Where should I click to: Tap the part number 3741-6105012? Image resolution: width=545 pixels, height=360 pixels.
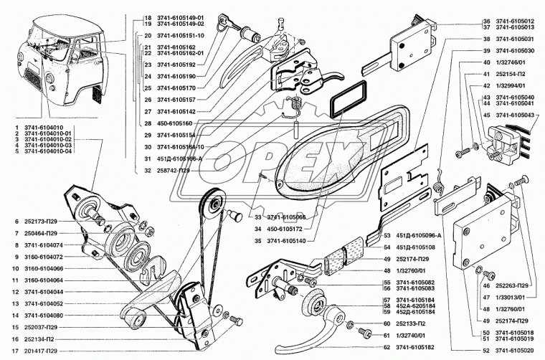click(x=510, y=22)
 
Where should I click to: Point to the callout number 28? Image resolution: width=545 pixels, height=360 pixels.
click(x=146, y=123)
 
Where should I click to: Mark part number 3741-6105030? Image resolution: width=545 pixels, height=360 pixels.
click(x=510, y=51)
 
